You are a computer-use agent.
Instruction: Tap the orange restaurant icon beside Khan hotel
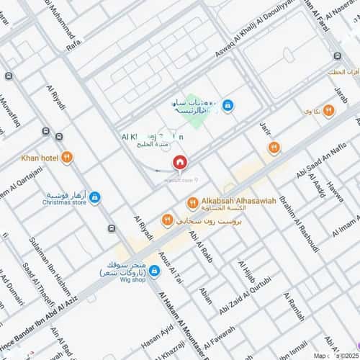click(x=66, y=157)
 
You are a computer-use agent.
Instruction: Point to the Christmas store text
click(x=63, y=203)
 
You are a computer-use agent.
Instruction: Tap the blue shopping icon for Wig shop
click(x=154, y=271)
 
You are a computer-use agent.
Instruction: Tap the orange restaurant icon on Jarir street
click(x=274, y=148)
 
